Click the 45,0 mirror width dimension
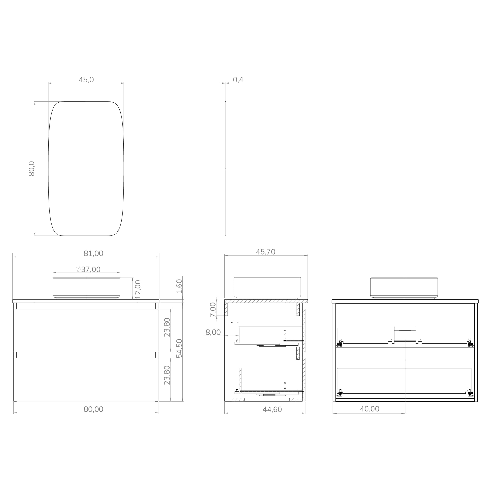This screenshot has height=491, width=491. pyautogui.click(x=86, y=80)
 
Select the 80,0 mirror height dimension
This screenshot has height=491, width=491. pyautogui.click(x=31, y=169)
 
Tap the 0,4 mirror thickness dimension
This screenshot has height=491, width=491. pyautogui.click(x=238, y=80)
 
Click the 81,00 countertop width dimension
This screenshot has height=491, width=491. pyautogui.click(x=93, y=253)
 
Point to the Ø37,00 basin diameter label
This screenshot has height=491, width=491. pyautogui.click(x=88, y=269)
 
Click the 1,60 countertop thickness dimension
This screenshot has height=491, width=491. pyautogui.click(x=179, y=286)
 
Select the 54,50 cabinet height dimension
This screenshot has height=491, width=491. pyautogui.click(x=179, y=348)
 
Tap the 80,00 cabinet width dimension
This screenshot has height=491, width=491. pyautogui.click(x=93, y=409)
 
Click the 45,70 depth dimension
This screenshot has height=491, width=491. pyautogui.click(x=265, y=252)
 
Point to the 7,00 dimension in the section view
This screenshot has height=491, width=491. pyautogui.click(x=213, y=310)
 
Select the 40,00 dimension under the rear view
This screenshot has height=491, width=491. pyautogui.click(x=369, y=409)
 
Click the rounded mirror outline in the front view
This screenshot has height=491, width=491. pyautogui.click(x=48, y=169)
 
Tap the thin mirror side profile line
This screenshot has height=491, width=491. pyautogui.click(x=225, y=169)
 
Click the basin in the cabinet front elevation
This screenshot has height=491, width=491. pyautogui.click(x=86, y=288)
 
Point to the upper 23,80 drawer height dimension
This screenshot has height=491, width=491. pyautogui.click(x=167, y=327)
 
